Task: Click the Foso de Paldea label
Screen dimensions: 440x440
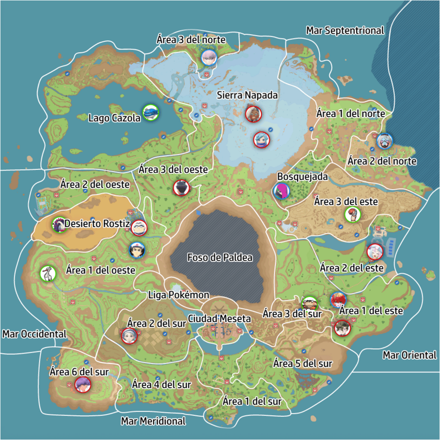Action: [x=219, y=257]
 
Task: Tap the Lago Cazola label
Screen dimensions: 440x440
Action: [x=114, y=118]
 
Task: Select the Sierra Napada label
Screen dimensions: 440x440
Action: [x=247, y=95]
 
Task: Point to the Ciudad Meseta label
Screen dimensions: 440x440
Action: [x=219, y=318]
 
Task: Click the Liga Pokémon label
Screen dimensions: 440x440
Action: [x=179, y=295]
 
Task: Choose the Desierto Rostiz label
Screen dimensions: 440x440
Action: [x=97, y=224]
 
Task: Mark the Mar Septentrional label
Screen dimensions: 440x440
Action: [x=345, y=31]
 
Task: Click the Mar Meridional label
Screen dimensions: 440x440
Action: [x=153, y=421]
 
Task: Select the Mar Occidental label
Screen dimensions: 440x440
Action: [x=34, y=334]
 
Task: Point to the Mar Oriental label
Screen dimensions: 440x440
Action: [x=409, y=355]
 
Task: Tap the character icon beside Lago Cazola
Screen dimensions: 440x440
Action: [x=150, y=112]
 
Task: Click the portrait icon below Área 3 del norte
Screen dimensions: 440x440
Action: [x=208, y=57]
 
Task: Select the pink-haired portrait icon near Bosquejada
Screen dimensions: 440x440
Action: [x=281, y=191]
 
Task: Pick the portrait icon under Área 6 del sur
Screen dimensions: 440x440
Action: [x=83, y=384]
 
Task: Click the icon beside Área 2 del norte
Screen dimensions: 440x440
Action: [x=384, y=141]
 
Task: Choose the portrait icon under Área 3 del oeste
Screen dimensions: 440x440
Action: [x=181, y=188]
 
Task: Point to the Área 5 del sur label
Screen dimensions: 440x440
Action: [x=303, y=364]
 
